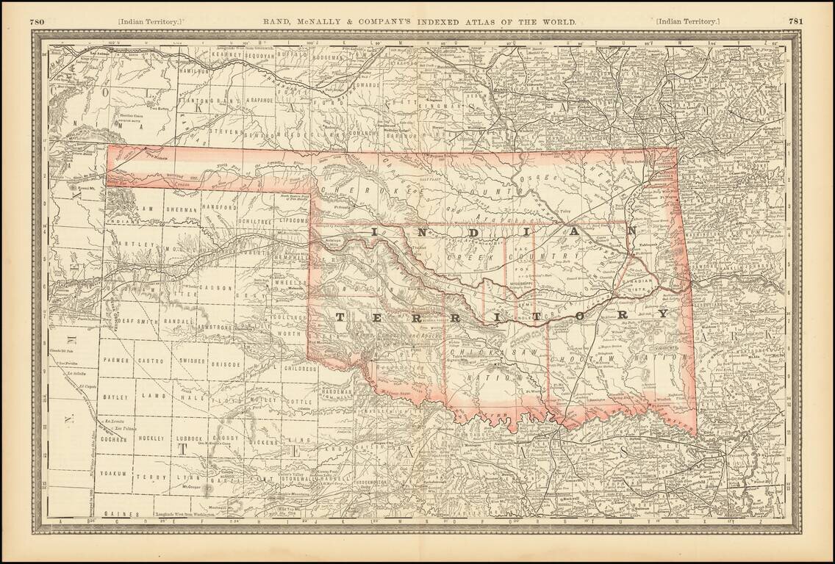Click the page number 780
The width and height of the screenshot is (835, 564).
tap(37, 22)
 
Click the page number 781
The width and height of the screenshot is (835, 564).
tap(795, 22)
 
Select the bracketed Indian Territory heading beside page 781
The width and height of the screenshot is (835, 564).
tap(688, 22)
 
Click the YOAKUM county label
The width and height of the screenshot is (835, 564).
tap(115, 474)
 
